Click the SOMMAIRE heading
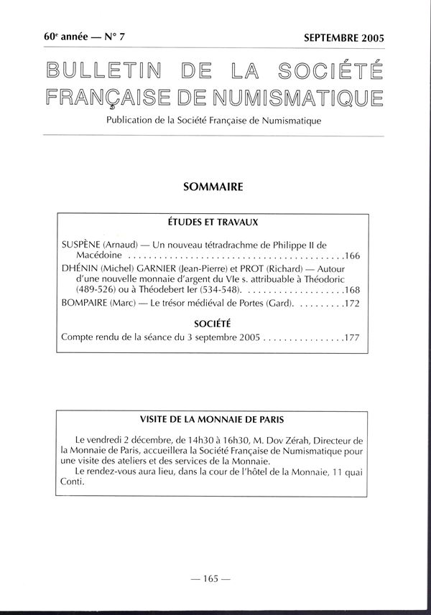[213, 187]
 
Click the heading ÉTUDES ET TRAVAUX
[213, 223]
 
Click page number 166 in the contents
[352, 255]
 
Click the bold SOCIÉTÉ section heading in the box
[213, 323]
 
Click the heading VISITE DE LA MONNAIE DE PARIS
[213, 418]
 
